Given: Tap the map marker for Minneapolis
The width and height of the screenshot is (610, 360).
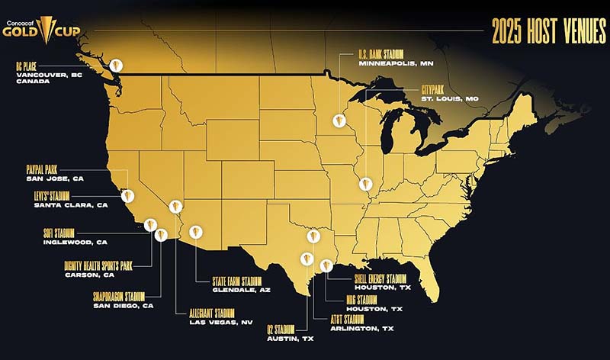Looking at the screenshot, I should tap(338, 121).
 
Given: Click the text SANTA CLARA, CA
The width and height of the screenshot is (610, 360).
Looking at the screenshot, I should tap(59, 205).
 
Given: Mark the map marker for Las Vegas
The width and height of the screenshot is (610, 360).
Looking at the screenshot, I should tap(176, 206).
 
